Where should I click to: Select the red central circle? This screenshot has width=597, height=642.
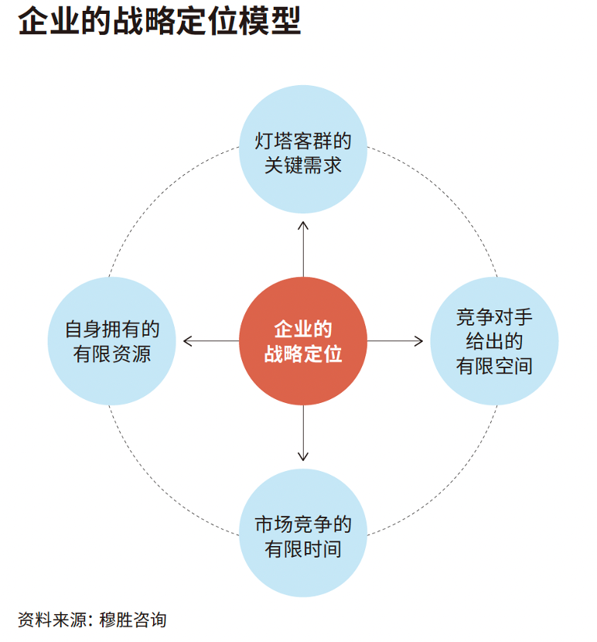click(x=303, y=341)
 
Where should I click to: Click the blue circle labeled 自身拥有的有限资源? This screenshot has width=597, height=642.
click(x=112, y=341)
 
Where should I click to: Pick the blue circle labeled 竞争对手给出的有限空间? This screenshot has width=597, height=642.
click(x=494, y=341)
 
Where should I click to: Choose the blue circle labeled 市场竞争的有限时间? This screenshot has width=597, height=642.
click(x=303, y=533)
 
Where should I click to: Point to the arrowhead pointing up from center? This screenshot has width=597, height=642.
click(x=303, y=224)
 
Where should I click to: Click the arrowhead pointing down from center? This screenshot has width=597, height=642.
click(x=303, y=457)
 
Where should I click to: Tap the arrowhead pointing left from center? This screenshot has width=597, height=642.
click(x=187, y=341)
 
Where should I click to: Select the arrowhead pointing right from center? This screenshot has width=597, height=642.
click(x=420, y=341)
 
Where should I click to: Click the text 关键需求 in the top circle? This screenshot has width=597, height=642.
click(x=303, y=166)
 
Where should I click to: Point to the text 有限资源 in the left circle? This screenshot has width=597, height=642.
click(x=112, y=354)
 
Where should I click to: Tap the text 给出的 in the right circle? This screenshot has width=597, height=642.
click(x=494, y=342)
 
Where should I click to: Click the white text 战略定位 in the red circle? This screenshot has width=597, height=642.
click(x=303, y=354)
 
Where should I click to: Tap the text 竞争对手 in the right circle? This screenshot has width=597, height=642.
click(x=494, y=318)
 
